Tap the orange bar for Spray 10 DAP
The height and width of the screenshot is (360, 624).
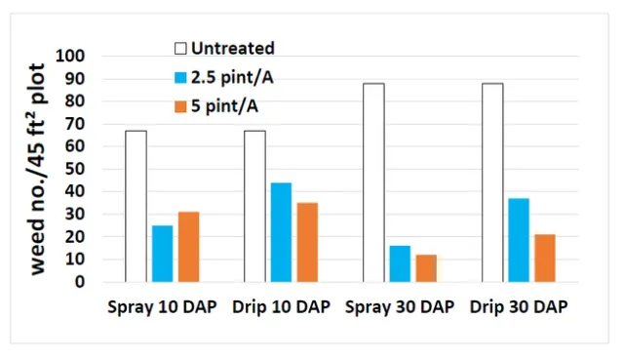pos(188,247)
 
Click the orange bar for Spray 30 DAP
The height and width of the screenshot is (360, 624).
pos(425,268)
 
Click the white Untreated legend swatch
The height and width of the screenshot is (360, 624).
pos(180,48)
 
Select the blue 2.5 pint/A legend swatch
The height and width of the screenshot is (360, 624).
pos(180,76)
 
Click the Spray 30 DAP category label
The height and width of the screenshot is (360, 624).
pos(400,307)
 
